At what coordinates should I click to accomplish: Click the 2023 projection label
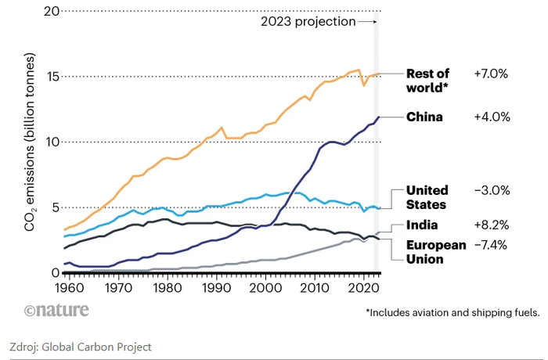[x=308, y=22]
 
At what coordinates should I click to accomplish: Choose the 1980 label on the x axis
[x=163, y=288]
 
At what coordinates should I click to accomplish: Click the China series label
[x=424, y=117]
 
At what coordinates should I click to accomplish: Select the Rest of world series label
[x=427, y=80]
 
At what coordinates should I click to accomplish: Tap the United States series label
[x=427, y=197]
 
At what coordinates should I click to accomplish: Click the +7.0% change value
[x=492, y=74]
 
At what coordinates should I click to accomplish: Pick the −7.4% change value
[x=491, y=245]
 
